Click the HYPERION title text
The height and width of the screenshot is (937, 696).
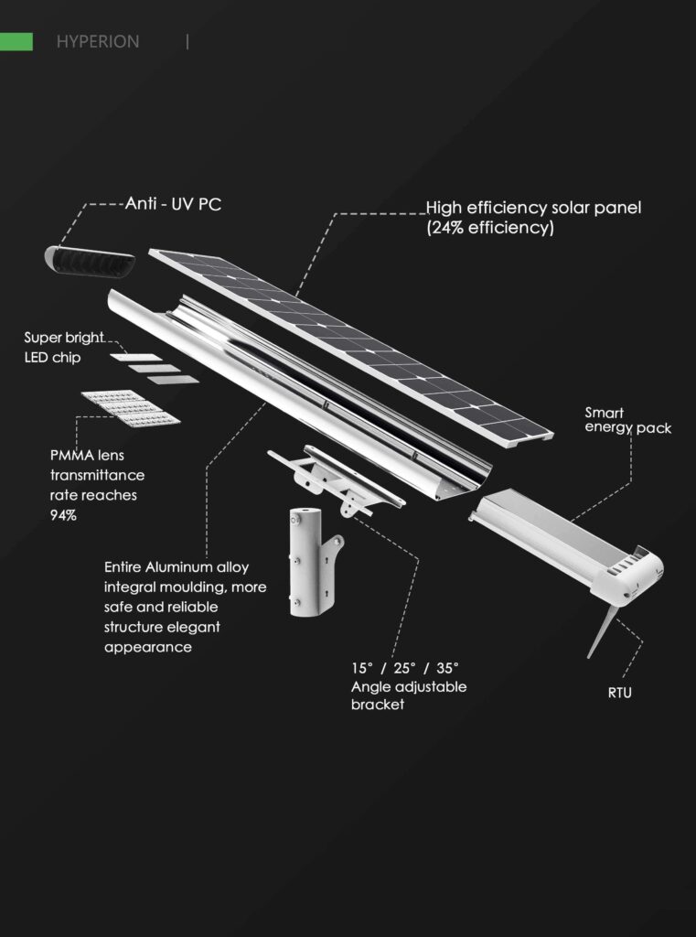click(x=98, y=42)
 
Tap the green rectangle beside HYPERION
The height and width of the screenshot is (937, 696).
click(x=16, y=42)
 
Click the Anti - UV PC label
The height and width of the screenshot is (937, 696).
click(x=173, y=204)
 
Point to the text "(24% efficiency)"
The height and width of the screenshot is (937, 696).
click(x=490, y=228)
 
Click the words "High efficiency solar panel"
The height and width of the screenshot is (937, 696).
click(x=533, y=208)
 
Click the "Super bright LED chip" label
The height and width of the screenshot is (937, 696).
click(x=64, y=348)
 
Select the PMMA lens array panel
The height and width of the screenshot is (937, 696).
click(x=131, y=408)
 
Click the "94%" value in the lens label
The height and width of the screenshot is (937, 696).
click(x=63, y=515)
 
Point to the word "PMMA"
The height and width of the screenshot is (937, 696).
click(x=71, y=456)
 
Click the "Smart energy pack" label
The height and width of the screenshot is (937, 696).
click(x=628, y=421)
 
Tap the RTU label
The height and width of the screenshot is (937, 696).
click(x=619, y=694)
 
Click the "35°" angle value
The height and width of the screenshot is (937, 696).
click(x=448, y=667)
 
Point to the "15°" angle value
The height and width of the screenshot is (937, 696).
click(x=363, y=667)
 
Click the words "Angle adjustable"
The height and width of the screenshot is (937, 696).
click(x=409, y=687)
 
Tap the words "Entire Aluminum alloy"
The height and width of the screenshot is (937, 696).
click(x=177, y=567)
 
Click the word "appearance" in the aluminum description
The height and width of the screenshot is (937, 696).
click(x=148, y=648)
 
